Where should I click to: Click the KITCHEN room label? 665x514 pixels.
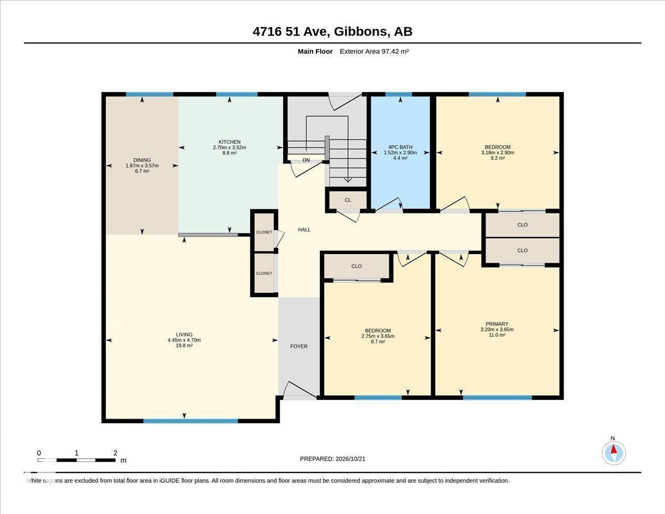229,142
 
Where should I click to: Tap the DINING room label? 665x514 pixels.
142,160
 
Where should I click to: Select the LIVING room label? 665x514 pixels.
184,334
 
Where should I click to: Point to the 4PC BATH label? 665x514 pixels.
400,147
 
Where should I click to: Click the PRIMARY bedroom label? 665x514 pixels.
497,324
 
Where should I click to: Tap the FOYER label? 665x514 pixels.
299,346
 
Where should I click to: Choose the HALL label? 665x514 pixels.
304,230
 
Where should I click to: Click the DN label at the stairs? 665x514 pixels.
306,160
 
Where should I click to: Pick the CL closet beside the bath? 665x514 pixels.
347,200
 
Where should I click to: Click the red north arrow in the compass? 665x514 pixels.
613,449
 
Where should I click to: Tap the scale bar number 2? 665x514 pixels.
115,453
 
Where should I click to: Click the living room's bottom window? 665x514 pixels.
191,421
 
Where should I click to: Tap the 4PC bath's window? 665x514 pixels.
398,94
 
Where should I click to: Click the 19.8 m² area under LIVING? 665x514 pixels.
184,345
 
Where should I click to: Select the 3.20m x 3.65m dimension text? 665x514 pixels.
497,329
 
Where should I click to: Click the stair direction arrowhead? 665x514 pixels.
348,180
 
